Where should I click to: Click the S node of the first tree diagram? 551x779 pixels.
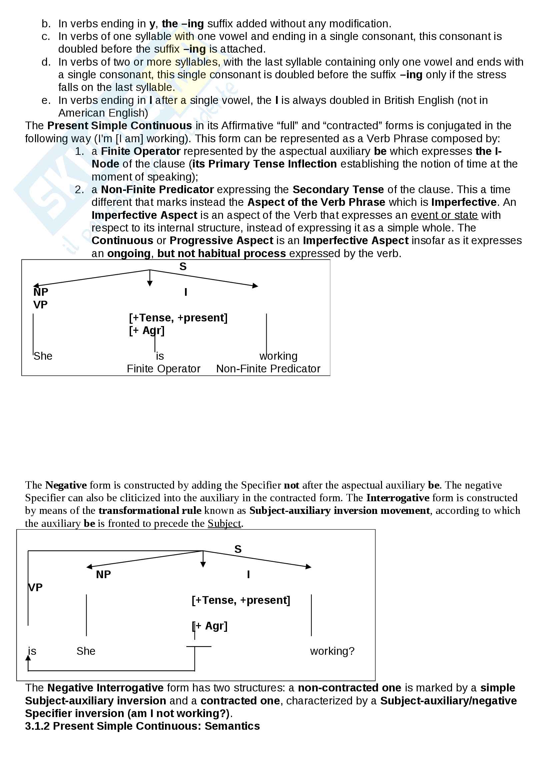coord(183,267)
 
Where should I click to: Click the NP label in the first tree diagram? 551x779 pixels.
coord(41,292)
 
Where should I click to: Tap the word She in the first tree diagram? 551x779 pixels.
coord(43,356)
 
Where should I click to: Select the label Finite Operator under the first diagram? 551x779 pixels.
coord(163,369)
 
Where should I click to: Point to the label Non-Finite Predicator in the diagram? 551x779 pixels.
coord(268,369)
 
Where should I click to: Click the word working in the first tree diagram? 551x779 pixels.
coord(278,356)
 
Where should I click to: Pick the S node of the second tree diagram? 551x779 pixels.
coord(238,549)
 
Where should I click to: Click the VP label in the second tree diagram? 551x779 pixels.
coord(35,587)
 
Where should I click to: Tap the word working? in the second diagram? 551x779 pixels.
coord(332,651)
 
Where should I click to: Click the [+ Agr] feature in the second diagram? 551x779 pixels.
coord(209,626)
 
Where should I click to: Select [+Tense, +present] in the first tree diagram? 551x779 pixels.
coord(178,318)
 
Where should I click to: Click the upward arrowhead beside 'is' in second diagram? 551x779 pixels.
coord(28,658)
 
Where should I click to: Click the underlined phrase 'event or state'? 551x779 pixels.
coord(444,215)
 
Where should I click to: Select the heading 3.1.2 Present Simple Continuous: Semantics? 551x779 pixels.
coord(142,726)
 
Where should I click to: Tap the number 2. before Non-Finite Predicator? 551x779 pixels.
coord(79,190)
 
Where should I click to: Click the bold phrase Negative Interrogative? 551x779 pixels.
coord(105,688)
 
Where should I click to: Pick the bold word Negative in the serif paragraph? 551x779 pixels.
coord(66,485)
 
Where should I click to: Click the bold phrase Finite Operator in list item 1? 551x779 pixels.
coord(141,151)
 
